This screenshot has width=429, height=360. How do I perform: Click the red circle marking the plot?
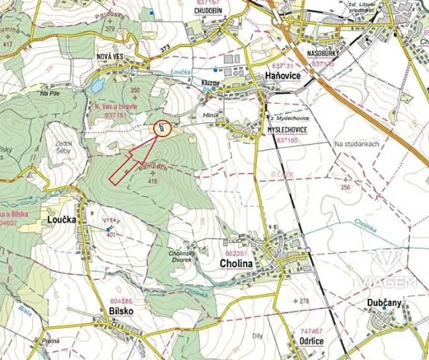pos(163,128)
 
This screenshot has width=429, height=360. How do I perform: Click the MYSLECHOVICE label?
pos(288,131)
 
